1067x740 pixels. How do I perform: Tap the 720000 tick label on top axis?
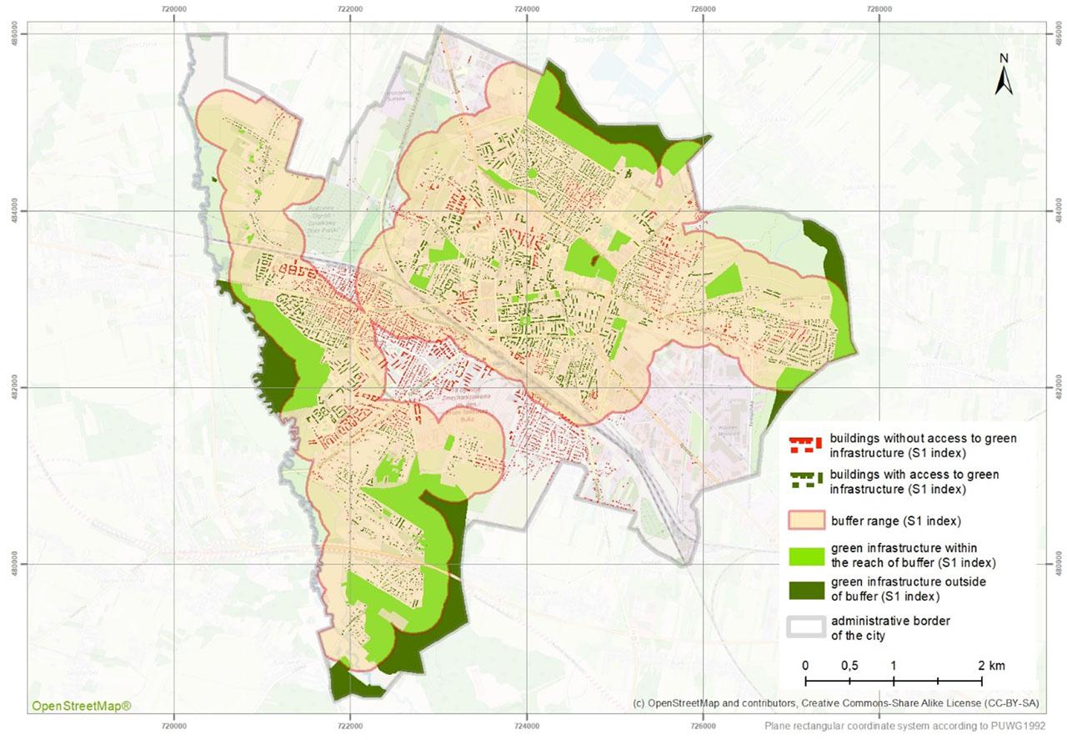click(174, 8)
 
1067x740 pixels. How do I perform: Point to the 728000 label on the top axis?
click(879, 8)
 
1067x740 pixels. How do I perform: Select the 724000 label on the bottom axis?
click(527, 715)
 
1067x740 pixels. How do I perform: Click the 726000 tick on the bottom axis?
click(703, 715)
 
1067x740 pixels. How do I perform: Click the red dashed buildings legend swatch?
click(805, 445)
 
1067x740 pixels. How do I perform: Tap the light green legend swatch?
click(805, 555)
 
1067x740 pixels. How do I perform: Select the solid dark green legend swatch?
click(805, 589)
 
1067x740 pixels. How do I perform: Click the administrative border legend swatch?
click(805, 627)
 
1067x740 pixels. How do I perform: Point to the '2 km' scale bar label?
click(991, 666)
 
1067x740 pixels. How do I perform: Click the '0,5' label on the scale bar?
click(849, 666)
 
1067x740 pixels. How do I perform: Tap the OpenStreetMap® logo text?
click(81, 707)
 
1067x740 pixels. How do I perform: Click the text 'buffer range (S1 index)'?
click(896, 521)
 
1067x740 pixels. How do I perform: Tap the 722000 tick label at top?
click(350, 8)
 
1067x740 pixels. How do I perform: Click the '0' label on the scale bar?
click(805, 666)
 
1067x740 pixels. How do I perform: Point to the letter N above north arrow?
click(1004, 58)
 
